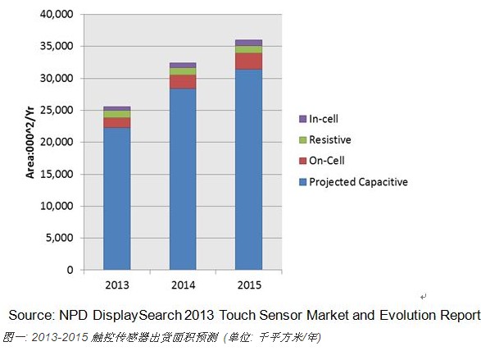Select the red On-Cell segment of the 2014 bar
coord(183,81)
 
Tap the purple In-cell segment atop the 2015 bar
coord(248,43)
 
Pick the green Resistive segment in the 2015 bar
coord(248,49)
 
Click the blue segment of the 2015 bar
coord(248,169)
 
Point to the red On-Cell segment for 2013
coord(116,122)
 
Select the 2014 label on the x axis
coord(183,285)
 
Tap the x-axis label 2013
coord(116,285)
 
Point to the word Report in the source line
coord(460,315)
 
